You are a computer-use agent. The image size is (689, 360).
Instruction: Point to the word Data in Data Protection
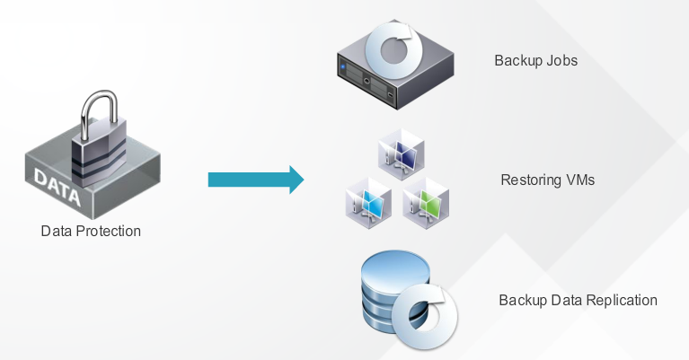56,232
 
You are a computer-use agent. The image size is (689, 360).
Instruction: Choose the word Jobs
561,62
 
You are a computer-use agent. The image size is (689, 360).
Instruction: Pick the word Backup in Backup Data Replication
520,300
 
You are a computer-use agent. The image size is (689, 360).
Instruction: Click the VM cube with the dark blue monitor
400,152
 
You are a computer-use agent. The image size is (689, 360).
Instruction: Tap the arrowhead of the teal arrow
294,180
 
